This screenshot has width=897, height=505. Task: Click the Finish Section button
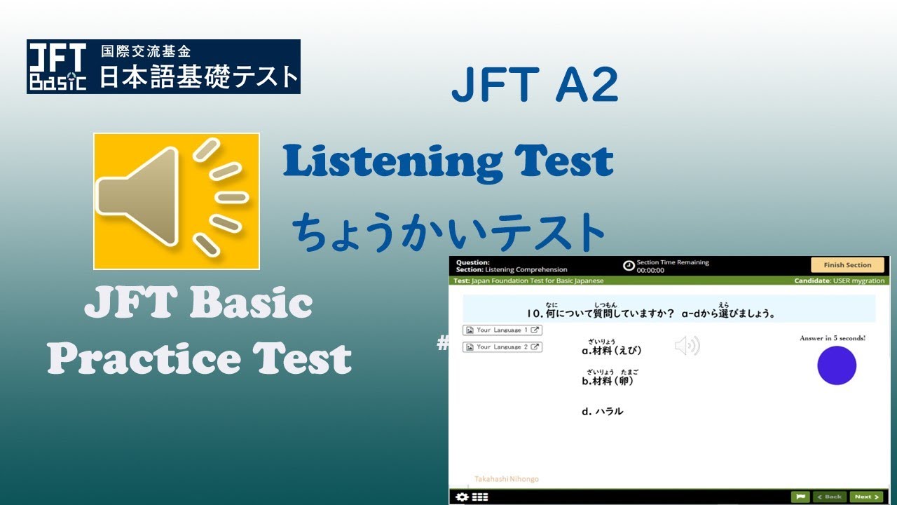point(847,265)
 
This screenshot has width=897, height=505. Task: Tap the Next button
point(865,497)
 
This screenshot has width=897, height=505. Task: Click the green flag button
point(800,497)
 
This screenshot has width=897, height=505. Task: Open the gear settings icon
point(461,497)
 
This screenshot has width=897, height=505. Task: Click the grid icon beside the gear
point(480,497)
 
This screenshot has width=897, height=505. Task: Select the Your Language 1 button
point(502,330)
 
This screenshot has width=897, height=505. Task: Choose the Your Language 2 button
point(502,346)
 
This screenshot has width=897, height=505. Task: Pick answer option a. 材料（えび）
point(612,350)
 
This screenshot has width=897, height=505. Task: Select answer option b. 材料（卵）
point(608,381)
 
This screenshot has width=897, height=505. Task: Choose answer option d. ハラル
point(602,412)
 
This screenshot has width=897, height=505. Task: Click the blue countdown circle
point(837,365)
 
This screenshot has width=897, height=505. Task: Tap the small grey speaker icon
point(687,346)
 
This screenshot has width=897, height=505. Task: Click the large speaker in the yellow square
point(177,201)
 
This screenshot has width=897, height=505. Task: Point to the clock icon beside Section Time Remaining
point(629,266)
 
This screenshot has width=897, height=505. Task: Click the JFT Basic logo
point(57,67)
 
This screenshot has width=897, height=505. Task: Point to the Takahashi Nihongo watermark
point(507,479)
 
